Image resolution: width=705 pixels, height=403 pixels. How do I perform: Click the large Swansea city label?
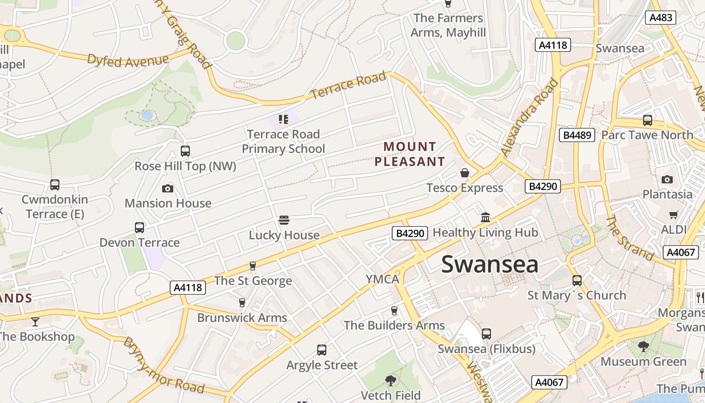point(489,264)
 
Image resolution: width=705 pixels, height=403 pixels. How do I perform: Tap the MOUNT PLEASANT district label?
point(410,154)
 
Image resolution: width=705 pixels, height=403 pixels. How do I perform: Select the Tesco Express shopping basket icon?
point(464,173)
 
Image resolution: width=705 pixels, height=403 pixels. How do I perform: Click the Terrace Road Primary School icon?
point(283,119)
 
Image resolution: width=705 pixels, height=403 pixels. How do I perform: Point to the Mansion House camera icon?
point(168,188)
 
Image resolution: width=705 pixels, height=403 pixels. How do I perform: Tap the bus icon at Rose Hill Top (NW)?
point(185,151)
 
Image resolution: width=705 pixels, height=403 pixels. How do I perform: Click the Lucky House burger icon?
point(284,220)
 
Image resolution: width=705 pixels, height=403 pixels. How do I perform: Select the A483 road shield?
point(661,18)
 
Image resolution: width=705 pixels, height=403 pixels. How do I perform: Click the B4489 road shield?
point(577,135)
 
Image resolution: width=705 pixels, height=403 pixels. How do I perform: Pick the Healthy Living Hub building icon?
point(485,217)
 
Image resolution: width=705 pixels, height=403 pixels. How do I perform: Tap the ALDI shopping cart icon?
point(674,215)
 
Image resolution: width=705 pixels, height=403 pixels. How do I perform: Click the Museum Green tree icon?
point(643,346)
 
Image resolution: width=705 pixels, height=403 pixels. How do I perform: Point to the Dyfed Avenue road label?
point(128,59)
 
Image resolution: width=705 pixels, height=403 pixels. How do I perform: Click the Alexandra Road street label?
point(530,116)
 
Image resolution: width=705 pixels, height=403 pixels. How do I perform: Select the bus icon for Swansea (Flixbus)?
point(486,333)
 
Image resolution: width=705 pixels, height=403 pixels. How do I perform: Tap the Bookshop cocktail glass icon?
point(35,321)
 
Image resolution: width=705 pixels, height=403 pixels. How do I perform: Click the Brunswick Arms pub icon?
point(242,302)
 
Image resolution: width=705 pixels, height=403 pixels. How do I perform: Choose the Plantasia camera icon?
point(667,179)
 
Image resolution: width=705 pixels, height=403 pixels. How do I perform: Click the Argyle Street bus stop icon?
point(321,350)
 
